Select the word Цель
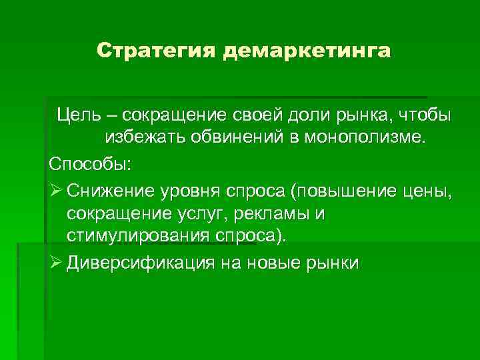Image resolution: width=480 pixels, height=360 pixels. point(77,115)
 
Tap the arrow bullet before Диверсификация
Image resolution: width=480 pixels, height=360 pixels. point(55,262)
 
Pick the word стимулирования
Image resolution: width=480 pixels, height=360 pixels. point(139,237)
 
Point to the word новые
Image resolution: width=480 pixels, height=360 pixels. point(280,262)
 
